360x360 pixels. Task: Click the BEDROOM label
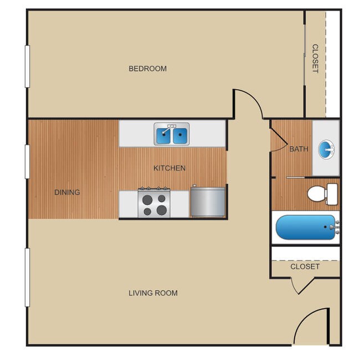click(147, 69)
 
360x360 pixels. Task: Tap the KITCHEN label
click(169, 168)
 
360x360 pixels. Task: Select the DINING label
click(67, 192)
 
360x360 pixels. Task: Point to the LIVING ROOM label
click(153, 293)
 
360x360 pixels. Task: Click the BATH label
click(299, 148)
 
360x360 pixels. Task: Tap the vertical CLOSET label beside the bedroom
click(315, 59)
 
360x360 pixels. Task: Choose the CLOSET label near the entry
click(305, 266)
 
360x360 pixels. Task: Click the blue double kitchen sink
click(172, 135)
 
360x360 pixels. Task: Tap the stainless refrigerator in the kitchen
click(208, 202)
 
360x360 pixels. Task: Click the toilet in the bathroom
click(322, 193)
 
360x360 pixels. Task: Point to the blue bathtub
click(306, 227)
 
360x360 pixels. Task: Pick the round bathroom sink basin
click(326, 148)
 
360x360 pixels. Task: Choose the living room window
click(27, 277)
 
